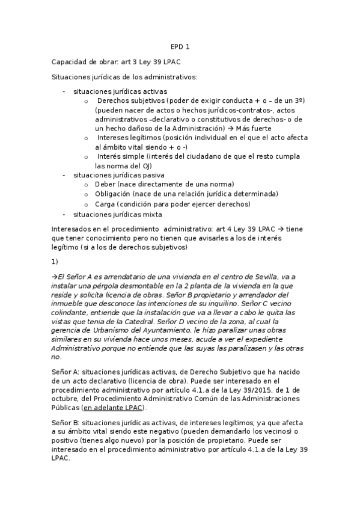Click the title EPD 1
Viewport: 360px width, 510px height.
pyautogui.click(x=180, y=46)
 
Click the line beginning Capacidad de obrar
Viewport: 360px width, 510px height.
pyautogui.click(x=116, y=62)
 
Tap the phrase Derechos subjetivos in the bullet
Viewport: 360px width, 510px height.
pyautogui.click(x=131, y=101)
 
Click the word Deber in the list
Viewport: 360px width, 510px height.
pyautogui.click(x=105, y=184)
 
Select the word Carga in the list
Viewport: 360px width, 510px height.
pyautogui.click(x=105, y=204)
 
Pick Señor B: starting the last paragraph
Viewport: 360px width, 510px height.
pyautogui.click(x=65, y=422)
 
